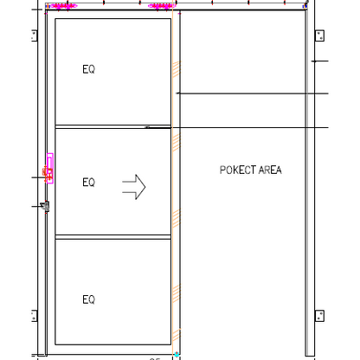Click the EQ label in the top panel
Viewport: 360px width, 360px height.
pyautogui.click(x=88, y=69)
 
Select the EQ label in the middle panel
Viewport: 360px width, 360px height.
pyautogui.click(x=88, y=183)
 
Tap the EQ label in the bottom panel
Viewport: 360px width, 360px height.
pyautogui.click(x=88, y=299)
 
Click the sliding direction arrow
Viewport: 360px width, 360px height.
pyautogui.click(x=134, y=186)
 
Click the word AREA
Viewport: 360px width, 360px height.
pyautogui.click(x=269, y=170)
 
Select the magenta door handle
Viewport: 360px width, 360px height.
pyautogui.click(x=49, y=169)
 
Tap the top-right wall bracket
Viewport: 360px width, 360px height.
pyautogui.click(x=318, y=35)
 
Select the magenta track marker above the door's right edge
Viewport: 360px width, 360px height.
pyautogui.click(x=162, y=7)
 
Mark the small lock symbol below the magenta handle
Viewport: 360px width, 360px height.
pyautogui.click(x=46, y=206)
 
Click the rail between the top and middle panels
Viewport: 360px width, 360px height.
pyautogui.click(x=112, y=126)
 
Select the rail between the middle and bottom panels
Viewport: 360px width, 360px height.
pyautogui.click(x=112, y=236)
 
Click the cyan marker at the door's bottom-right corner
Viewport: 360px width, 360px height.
pyautogui.click(x=176, y=354)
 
